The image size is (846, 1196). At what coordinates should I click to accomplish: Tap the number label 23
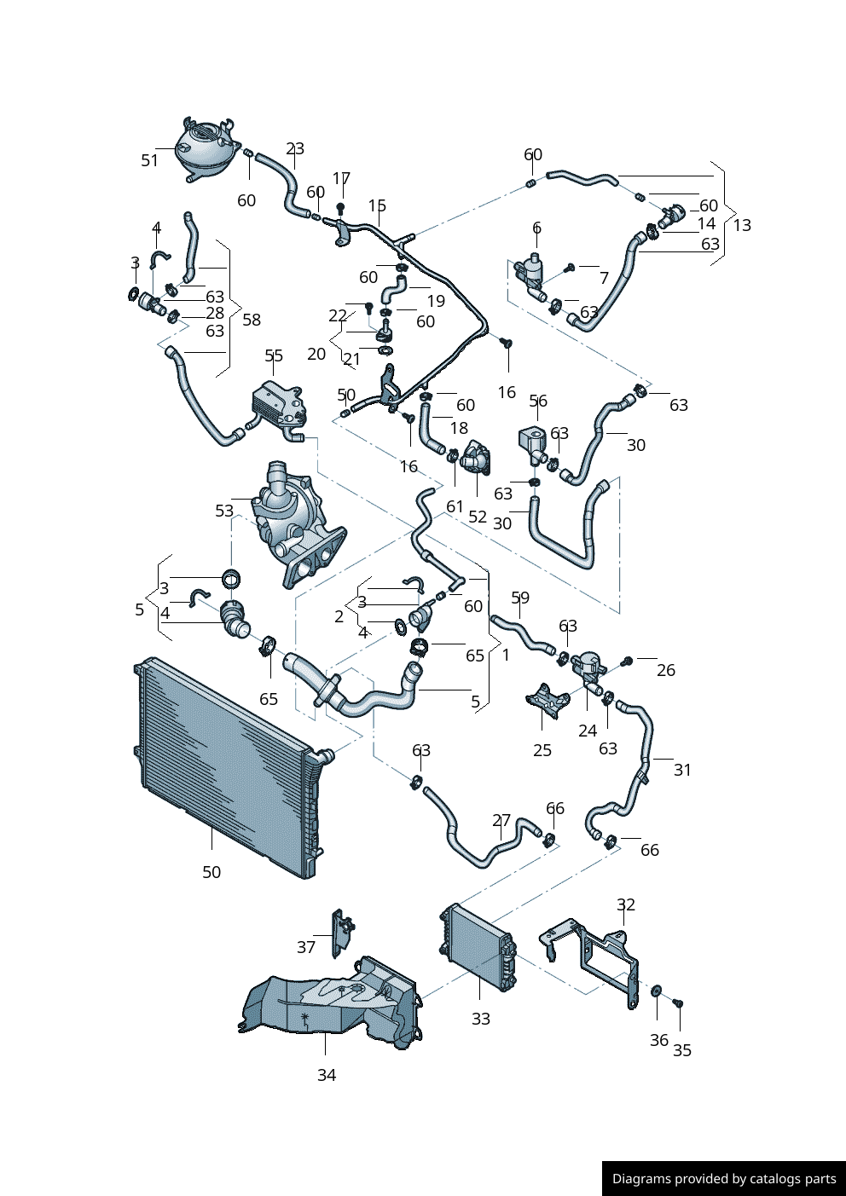click(x=295, y=149)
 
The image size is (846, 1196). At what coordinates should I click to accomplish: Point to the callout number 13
click(x=742, y=225)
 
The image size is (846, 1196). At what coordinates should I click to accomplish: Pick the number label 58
click(x=252, y=320)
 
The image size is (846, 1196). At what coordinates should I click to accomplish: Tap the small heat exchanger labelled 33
click(x=478, y=947)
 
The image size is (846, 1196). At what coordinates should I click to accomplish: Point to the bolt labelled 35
click(x=678, y=1003)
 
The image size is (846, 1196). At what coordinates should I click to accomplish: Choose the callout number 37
click(x=306, y=947)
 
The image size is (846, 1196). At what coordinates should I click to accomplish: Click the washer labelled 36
click(x=657, y=991)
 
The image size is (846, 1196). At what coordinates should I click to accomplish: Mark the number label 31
click(x=682, y=770)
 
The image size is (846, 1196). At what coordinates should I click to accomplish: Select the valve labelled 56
click(x=534, y=442)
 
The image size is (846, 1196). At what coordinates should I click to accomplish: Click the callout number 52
click(x=478, y=517)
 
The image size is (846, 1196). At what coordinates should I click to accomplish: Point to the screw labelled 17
click(x=341, y=207)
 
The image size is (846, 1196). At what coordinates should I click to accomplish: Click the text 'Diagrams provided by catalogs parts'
click(x=724, y=1179)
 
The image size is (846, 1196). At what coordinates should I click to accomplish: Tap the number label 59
click(x=520, y=598)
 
